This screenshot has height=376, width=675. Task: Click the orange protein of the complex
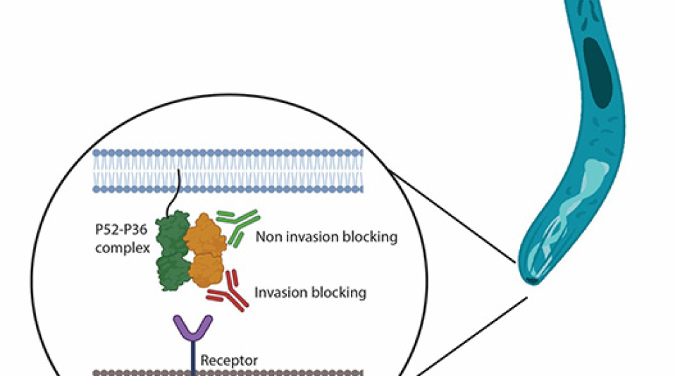click(x=205, y=250)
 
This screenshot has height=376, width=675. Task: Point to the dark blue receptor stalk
click(x=193, y=358)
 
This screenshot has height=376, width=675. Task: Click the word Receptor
click(x=229, y=360)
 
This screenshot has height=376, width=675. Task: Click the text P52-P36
click(x=121, y=229)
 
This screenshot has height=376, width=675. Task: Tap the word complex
click(x=123, y=248)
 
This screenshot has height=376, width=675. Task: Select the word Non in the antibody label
click(x=268, y=237)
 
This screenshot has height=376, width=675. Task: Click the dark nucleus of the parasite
click(x=597, y=73)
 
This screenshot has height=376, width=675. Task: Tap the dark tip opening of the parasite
click(x=532, y=281)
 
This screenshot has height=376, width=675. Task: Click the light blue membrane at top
click(x=228, y=171)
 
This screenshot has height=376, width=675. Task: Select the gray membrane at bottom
click(x=228, y=373)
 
